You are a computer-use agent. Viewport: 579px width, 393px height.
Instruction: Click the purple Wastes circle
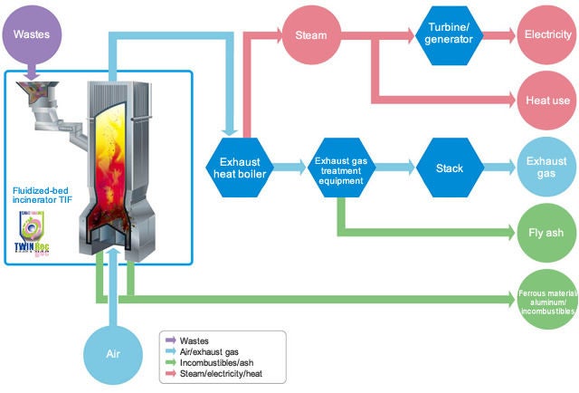[33, 34]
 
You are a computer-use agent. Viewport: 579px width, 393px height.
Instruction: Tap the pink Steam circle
[310, 36]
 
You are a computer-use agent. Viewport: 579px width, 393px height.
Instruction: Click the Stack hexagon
[449, 168]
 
